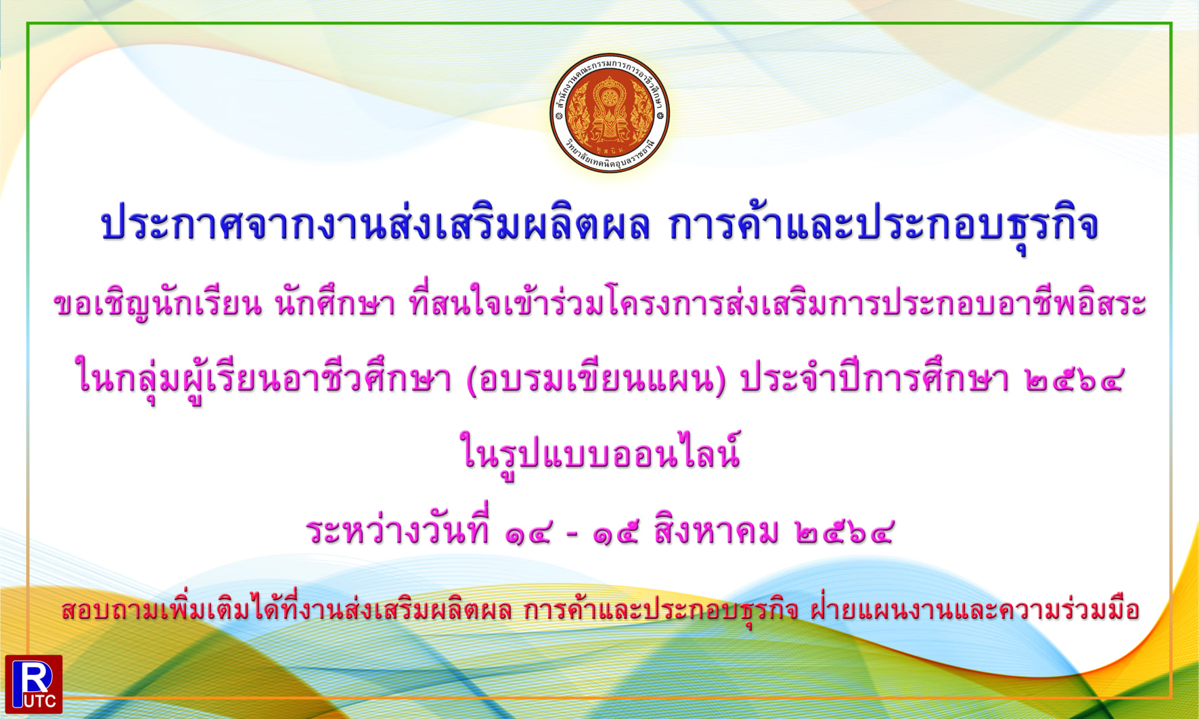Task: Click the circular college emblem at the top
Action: point(610,113)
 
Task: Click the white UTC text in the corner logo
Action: point(41,701)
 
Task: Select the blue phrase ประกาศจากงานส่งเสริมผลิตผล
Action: point(375,224)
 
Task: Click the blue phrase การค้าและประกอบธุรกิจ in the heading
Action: point(883,224)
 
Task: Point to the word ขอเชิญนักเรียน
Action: point(158,304)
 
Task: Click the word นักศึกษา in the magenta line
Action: point(335,304)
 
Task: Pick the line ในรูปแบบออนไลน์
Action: point(599,452)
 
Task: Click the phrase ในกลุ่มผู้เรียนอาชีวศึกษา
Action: point(264,379)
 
